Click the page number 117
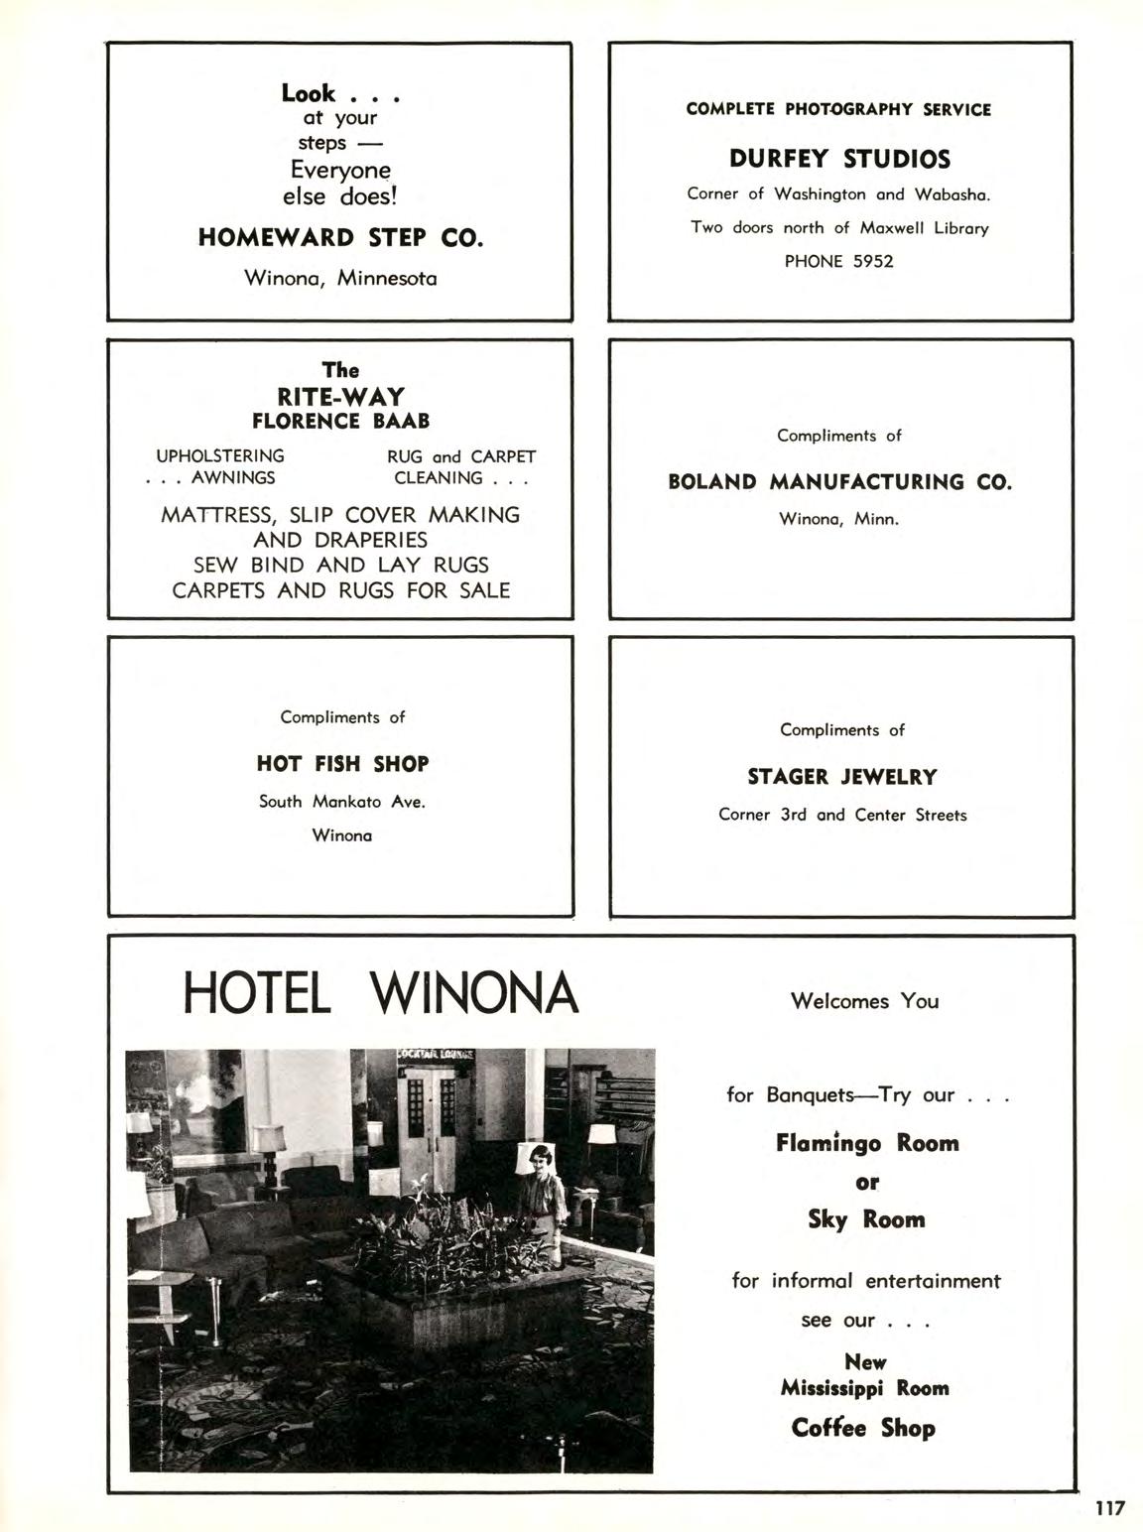(x=1110, y=1508)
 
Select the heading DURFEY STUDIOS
(x=839, y=159)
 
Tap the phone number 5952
(x=873, y=262)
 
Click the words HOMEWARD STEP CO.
(x=340, y=238)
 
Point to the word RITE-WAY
(x=340, y=397)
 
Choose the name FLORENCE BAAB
(x=340, y=422)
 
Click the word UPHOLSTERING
(x=220, y=456)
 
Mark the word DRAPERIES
(x=370, y=540)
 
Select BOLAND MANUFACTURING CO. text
(x=839, y=483)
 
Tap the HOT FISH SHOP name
(x=342, y=764)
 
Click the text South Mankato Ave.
(x=342, y=802)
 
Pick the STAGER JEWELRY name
(x=841, y=777)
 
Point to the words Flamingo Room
(x=867, y=1143)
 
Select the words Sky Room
(x=866, y=1219)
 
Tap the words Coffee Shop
(x=863, y=1428)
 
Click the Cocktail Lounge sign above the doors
(x=437, y=1055)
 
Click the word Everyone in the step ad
(x=340, y=171)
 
